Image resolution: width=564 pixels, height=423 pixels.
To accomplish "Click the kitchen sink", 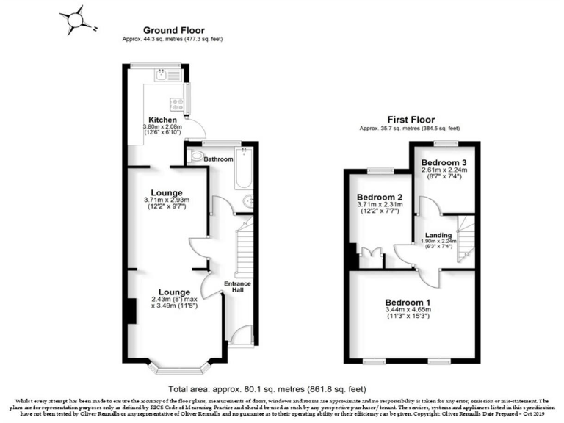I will pos(164,73).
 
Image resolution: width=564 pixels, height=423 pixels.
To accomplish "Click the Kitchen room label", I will pos(162,120).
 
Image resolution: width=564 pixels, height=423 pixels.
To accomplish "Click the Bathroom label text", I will pos(218,159).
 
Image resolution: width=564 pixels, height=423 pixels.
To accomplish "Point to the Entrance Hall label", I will pos(239,288).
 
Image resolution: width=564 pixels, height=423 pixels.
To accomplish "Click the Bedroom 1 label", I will pos(408,302).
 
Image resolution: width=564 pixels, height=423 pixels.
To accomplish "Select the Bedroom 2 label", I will pos(378,198).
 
